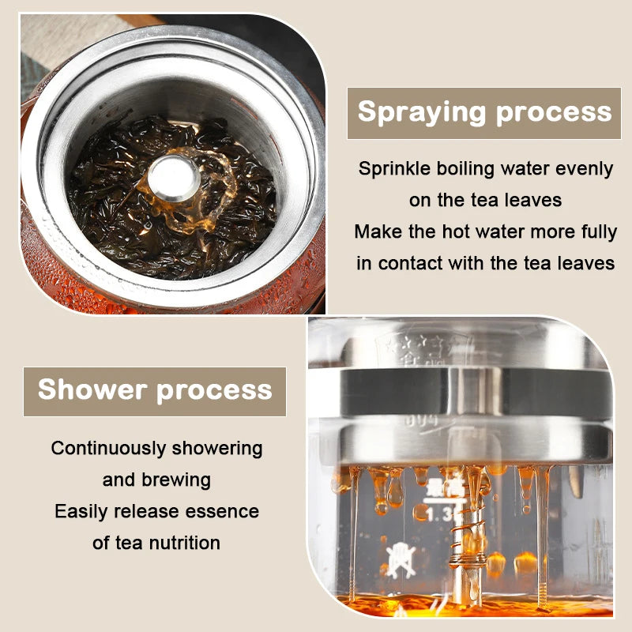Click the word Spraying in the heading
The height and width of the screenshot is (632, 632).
coord(422,112)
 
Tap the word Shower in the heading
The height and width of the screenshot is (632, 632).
coord(92,389)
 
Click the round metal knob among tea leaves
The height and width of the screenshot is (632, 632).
coord(174,178)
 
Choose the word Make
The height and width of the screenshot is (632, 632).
coord(378,231)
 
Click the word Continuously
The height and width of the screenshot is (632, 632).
coord(108,448)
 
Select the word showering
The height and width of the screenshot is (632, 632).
coord(217,448)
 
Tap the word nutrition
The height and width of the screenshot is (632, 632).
coord(185,543)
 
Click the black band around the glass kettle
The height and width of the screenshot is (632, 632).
coord(476,392)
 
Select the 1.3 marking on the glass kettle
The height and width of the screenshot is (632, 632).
coord(438,514)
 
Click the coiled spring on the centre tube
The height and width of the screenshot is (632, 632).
coord(468,536)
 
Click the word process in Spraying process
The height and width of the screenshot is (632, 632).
coord(555,112)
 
